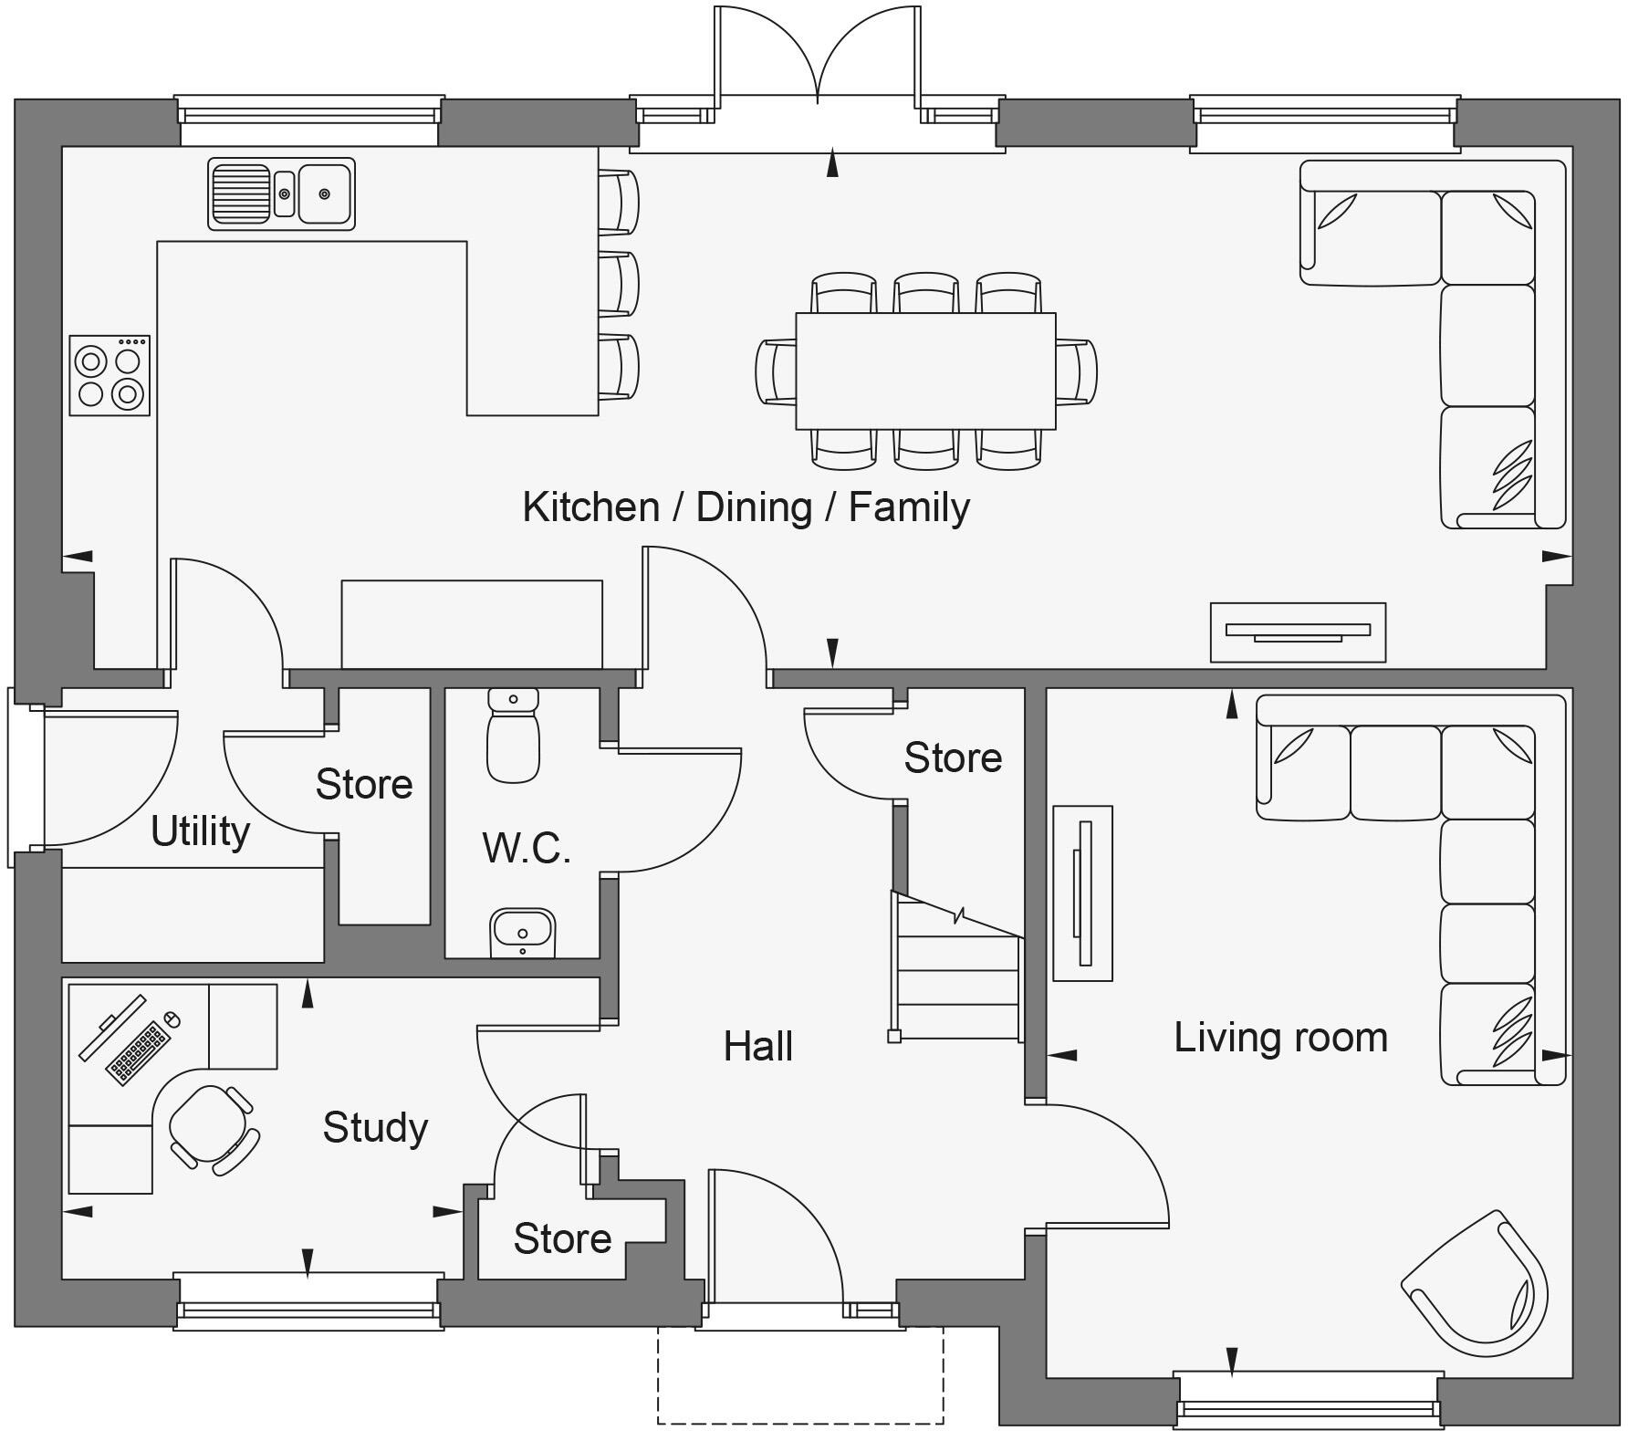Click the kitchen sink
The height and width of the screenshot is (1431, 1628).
[x=281, y=193]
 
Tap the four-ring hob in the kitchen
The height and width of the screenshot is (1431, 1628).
[x=110, y=376]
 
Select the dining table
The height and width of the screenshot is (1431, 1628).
[x=925, y=371]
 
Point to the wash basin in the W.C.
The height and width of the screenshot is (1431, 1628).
[x=522, y=932]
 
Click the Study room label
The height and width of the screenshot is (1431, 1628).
[x=375, y=1128]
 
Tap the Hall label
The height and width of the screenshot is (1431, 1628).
[x=757, y=1047]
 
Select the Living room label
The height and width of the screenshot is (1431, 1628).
[x=1280, y=1038]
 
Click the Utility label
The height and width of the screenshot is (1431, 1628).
[x=200, y=831]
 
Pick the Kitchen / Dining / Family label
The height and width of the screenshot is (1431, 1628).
[x=746, y=507]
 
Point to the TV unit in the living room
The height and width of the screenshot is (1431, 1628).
[x=1082, y=893]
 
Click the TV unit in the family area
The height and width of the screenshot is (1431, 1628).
[x=1298, y=632]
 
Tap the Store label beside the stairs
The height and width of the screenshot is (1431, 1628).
[x=953, y=758]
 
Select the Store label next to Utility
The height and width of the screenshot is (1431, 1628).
[x=364, y=785]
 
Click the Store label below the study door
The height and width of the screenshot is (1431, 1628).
[x=562, y=1239]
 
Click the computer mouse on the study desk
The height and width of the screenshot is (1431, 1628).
[x=172, y=1018]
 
